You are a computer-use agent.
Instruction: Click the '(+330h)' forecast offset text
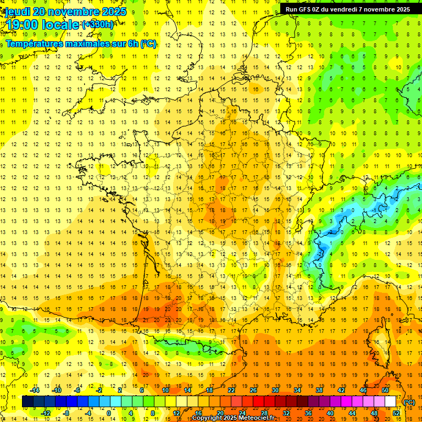point(98,25)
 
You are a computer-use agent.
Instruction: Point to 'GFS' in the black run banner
point(307,9)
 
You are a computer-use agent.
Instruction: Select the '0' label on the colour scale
point(109,413)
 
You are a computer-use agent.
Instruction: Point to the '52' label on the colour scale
point(396,413)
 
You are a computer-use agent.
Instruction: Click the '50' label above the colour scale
point(385,390)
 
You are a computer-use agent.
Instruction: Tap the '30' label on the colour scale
point(275,390)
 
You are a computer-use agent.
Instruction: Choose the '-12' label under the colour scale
point(47,413)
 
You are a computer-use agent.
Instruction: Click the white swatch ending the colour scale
point(391,402)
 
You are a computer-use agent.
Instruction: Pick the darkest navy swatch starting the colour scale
point(27,402)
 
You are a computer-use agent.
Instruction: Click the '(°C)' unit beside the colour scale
point(409,402)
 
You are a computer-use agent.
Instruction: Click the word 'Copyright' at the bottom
point(207,418)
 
